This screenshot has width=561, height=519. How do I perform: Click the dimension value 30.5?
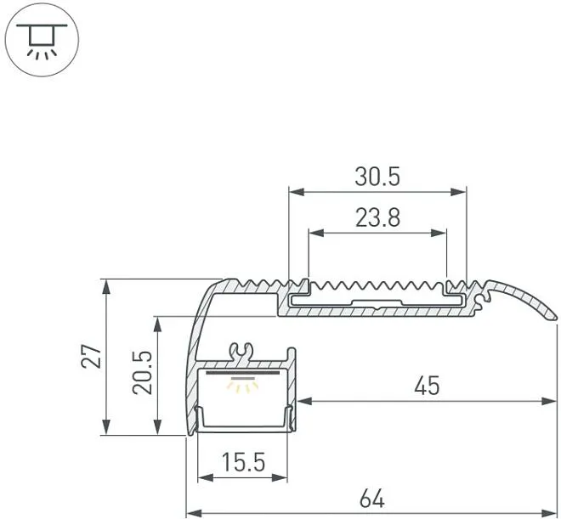pyautogui.click(x=377, y=177)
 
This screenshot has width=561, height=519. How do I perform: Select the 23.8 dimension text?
pyautogui.click(x=377, y=217)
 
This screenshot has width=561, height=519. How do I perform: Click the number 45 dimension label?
pyautogui.click(x=427, y=386)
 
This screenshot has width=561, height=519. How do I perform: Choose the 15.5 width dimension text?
pyautogui.click(x=243, y=462)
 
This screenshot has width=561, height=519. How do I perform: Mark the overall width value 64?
pyautogui.click(x=372, y=499)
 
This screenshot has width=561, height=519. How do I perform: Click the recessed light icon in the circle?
pyautogui.click(x=42, y=40)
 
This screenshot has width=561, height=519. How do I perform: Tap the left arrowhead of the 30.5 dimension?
pyautogui.click(x=297, y=192)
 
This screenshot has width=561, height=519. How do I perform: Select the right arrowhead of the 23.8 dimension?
pyautogui.click(x=439, y=234)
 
